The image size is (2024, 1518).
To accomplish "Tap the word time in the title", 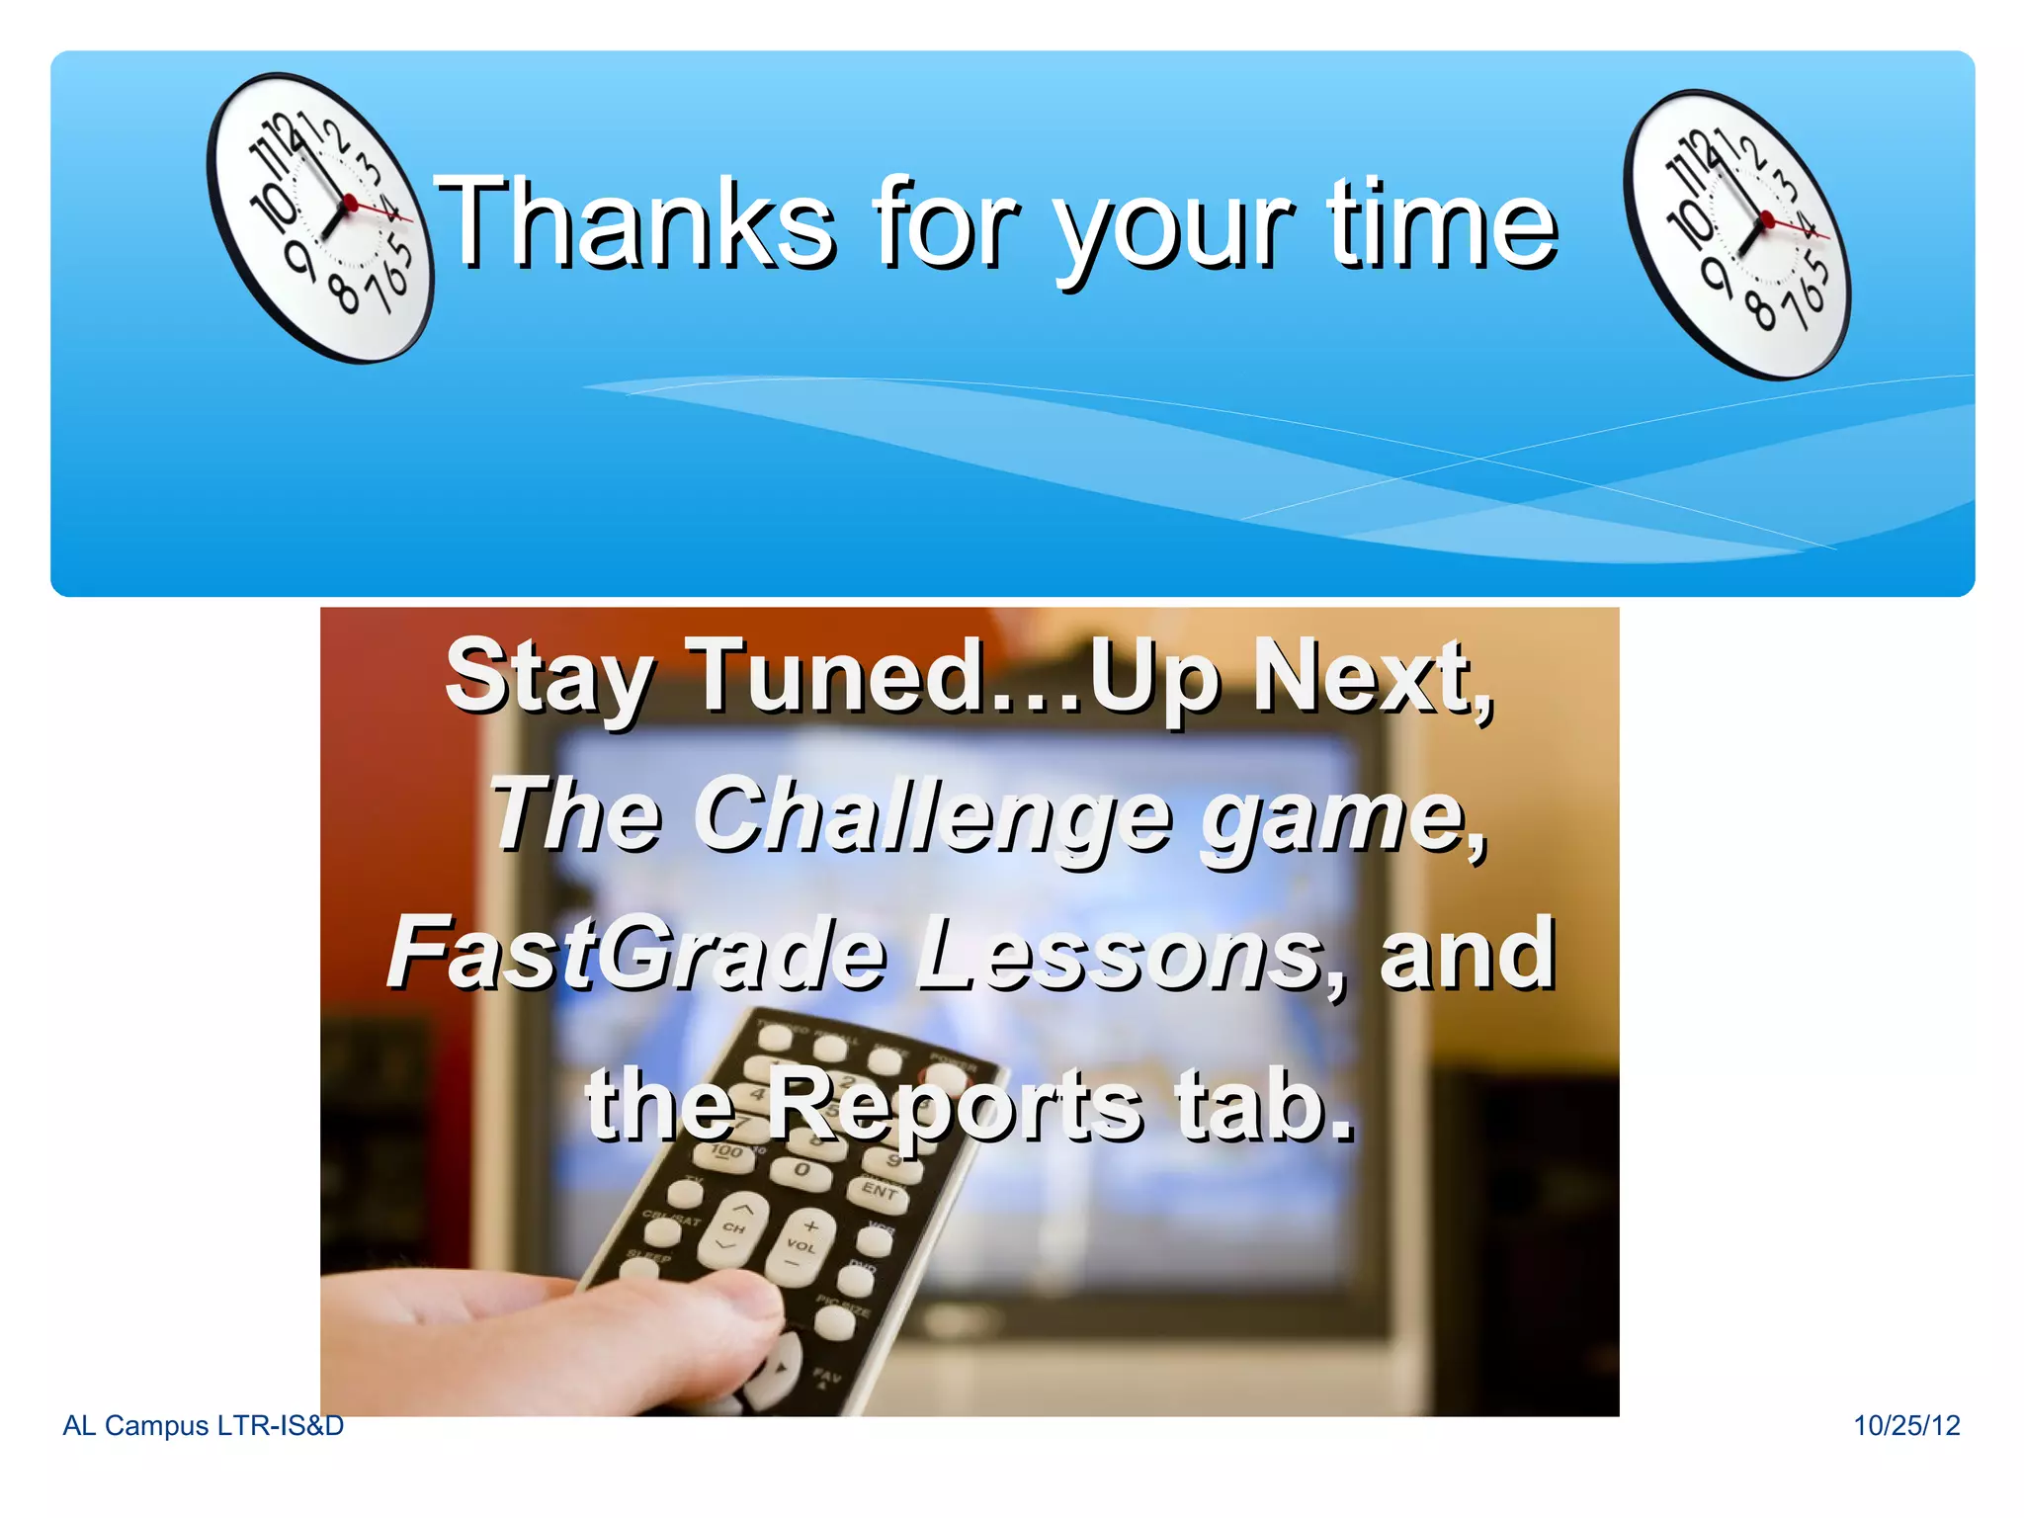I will (x=1442, y=223).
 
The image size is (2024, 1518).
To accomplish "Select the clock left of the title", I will (x=319, y=217).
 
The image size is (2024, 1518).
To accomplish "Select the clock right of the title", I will (x=1736, y=234).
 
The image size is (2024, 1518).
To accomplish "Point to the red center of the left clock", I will (x=349, y=204).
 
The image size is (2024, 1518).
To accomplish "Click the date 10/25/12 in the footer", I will (x=1905, y=1425).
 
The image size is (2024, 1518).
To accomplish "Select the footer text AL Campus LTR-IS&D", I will (x=203, y=1425).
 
